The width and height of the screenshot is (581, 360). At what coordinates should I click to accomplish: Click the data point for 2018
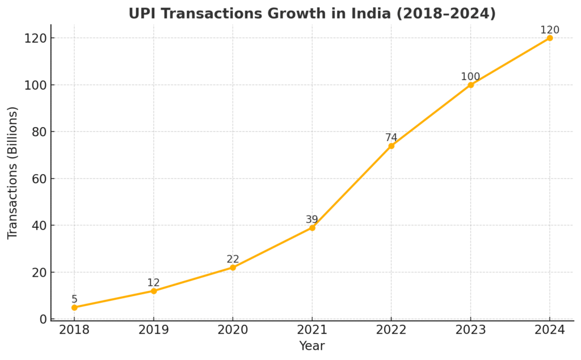click(x=74, y=307)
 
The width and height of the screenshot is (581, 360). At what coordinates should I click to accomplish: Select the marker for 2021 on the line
click(x=312, y=227)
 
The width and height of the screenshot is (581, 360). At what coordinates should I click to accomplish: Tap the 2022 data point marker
click(x=391, y=146)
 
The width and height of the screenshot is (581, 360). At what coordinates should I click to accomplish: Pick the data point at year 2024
click(x=550, y=38)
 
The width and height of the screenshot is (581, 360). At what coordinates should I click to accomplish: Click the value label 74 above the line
click(x=391, y=138)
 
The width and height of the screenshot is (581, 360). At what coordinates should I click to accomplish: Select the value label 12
click(x=154, y=283)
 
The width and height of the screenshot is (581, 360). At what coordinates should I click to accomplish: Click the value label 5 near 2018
click(x=74, y=299)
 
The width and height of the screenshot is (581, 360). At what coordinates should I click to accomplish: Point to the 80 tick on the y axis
click(x=39, y=132)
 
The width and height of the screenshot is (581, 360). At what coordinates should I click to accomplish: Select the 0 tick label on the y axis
click(x=43, y=319)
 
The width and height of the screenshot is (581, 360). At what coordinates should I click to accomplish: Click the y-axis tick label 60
click(x=39, y=179)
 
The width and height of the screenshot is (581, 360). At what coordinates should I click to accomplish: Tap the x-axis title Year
click(x=312, y=345)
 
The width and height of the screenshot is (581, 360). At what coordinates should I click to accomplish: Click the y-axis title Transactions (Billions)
click(x=13, y=172)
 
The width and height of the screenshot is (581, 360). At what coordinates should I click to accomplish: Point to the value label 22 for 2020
click(x=233, y=260)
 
